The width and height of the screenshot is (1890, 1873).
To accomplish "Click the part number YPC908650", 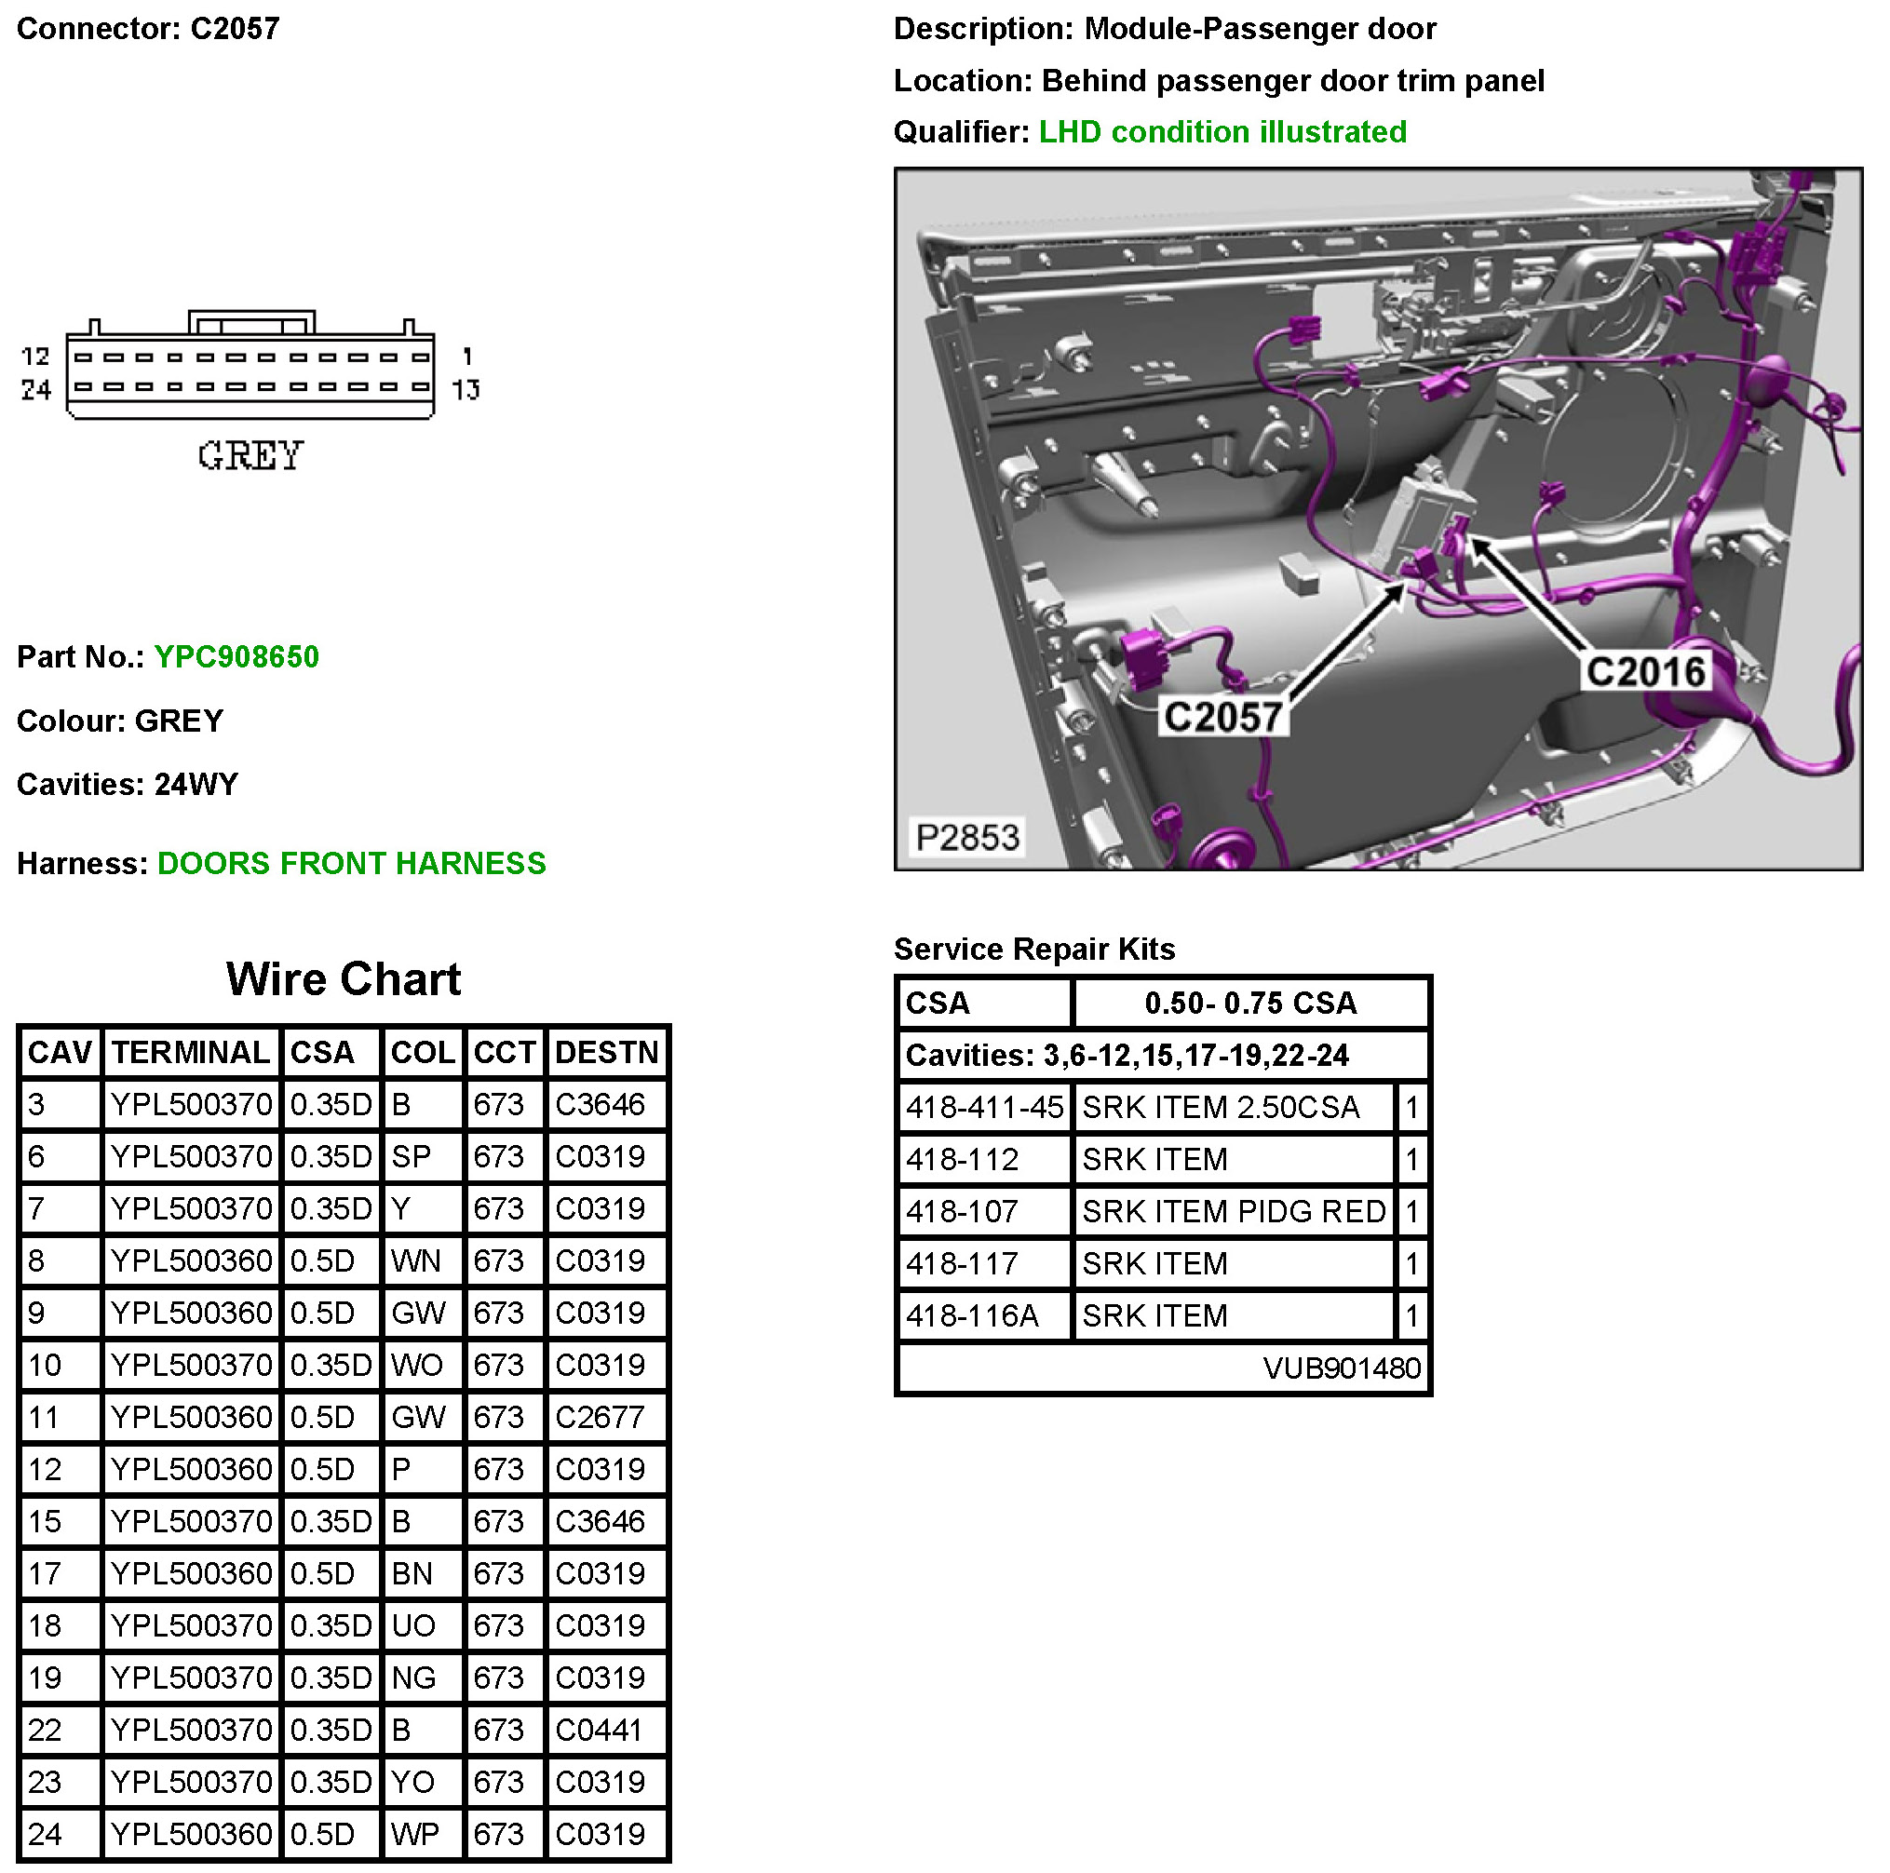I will tap(236, 656).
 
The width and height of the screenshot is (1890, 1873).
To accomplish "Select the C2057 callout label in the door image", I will tap(1222, 717).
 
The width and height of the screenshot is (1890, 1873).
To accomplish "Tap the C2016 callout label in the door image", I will tap(1645, 672).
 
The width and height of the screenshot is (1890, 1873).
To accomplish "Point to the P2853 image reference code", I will tap(966, 837).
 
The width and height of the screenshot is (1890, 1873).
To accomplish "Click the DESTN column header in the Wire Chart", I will tap(606, 1053).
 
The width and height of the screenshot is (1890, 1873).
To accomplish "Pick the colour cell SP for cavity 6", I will tap(411, 1156).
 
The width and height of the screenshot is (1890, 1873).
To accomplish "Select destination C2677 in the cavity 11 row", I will tap(600, 1417).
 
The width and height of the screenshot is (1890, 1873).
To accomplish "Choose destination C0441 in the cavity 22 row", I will tap(599, 1731).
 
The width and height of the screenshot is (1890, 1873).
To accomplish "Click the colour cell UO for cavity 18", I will tap(412, 1625).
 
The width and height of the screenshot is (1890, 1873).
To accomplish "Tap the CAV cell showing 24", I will tap(45, 1834).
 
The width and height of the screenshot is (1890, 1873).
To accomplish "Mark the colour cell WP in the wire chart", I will tap(415, 1834).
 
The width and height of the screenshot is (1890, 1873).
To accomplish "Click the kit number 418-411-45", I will tap(984, 1107).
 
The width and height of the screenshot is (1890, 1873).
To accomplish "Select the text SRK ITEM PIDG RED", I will tap(1234, 1211).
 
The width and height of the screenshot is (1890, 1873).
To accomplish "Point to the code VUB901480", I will tap(1342, 1368).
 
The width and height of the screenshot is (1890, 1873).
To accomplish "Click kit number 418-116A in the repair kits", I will tap(971, 1315).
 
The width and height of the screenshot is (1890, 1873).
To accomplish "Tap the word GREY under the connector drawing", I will tap(250, 456).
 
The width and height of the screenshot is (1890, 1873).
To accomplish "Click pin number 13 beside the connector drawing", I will tap(466, 390).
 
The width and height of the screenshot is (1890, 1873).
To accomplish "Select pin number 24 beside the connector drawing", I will tap(36, 390).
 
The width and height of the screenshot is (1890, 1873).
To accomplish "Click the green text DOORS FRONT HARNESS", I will tap(351, 863).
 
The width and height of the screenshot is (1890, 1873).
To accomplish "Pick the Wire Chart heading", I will tap(344, 979).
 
